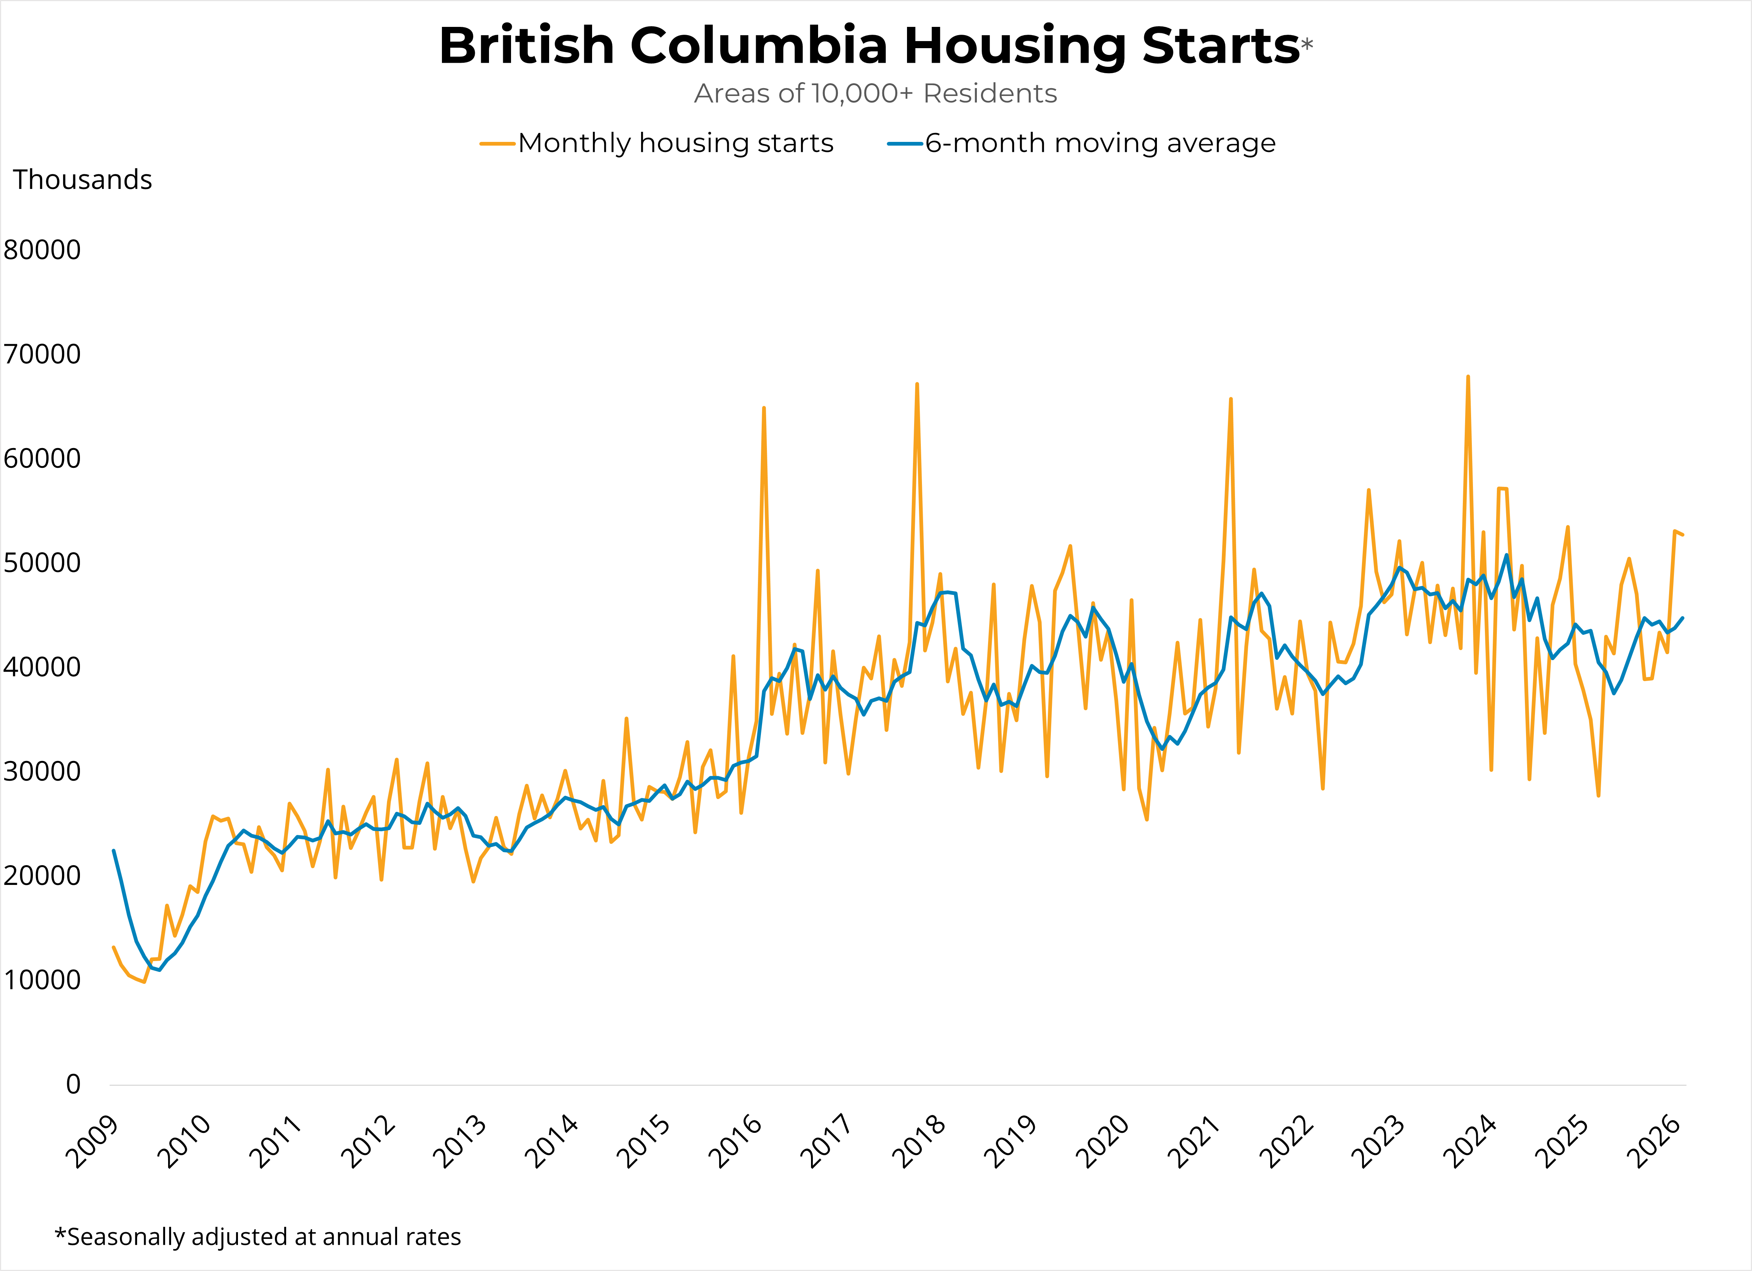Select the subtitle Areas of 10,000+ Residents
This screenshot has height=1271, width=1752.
pyautogui.click(x=875, y=93)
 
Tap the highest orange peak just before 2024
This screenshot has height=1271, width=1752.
pyautogui.click(x=1468, y=377)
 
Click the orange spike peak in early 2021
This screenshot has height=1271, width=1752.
pyautogui.click(x=1231, y=399)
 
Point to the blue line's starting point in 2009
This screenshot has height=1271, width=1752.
pyautogui.click(x=114, y=851)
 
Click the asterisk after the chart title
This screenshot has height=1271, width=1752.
pyautogui.click(x=1306, y=44)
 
